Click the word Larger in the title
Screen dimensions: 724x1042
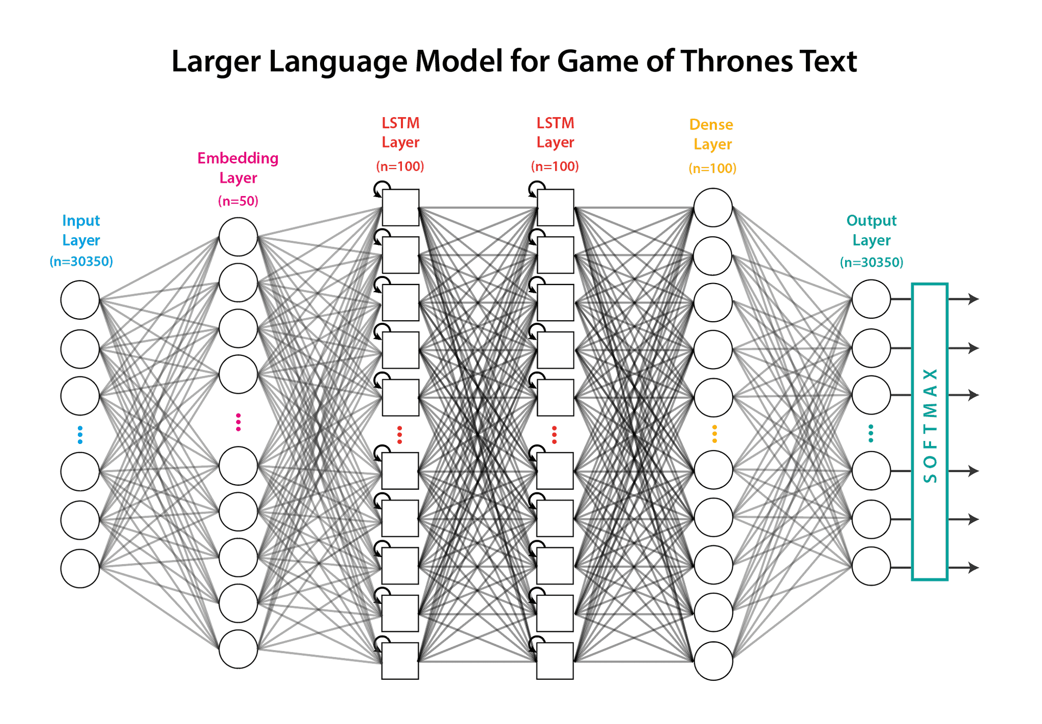[216, 62]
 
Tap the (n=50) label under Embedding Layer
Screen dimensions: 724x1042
[238, 201]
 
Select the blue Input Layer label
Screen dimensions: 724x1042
[81, 230]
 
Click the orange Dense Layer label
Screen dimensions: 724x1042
[712, 134]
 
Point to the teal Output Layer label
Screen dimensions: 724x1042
[871, 230]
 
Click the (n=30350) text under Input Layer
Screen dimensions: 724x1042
[81, 262]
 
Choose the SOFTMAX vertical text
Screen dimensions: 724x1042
[930, 425]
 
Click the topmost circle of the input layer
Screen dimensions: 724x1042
[80, 300]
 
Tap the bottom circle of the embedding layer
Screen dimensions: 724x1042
[238, 649]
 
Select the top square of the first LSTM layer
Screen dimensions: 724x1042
[400, 208]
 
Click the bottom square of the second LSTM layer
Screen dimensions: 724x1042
[555, 661]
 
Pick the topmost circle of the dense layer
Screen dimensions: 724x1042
[713, 208]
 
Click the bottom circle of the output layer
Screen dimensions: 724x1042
[871, 566]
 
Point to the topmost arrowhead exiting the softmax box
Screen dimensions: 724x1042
[973, 299]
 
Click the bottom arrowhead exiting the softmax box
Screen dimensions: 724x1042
[973, 567]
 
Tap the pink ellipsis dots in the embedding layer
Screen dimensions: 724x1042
[238, 423]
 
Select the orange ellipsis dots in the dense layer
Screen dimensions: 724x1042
[714, 434]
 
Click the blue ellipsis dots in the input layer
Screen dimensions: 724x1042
[80, 434]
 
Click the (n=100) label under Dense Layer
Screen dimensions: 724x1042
[712, 169]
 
